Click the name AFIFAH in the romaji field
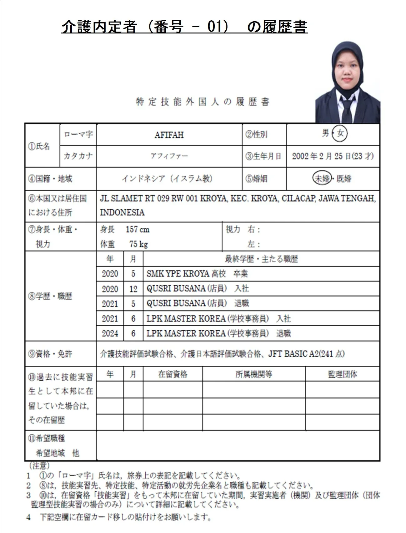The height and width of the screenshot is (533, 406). coord(169,135)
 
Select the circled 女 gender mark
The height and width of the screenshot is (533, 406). coord(340,134)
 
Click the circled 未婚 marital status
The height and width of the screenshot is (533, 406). coord(322,179)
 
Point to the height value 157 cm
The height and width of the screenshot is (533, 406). coord(138,230)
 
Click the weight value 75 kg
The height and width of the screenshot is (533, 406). coord(138,244)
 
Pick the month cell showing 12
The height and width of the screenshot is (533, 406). coord(133,289)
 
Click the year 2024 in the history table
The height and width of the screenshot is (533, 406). coord(110,333)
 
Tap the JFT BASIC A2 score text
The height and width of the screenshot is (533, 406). coord(306,354)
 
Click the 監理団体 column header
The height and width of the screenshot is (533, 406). coord(342,374)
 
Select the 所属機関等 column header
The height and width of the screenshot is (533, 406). coord(253,374)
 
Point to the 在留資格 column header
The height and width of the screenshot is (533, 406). coord(173,374)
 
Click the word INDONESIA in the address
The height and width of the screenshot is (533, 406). coord(122,212)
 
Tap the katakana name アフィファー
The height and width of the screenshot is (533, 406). coord(169,156)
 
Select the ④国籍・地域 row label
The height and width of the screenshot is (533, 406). coord(50,179)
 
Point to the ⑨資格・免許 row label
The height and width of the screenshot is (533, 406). coord(50,354)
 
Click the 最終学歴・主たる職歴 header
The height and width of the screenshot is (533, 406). coord(261,259)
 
